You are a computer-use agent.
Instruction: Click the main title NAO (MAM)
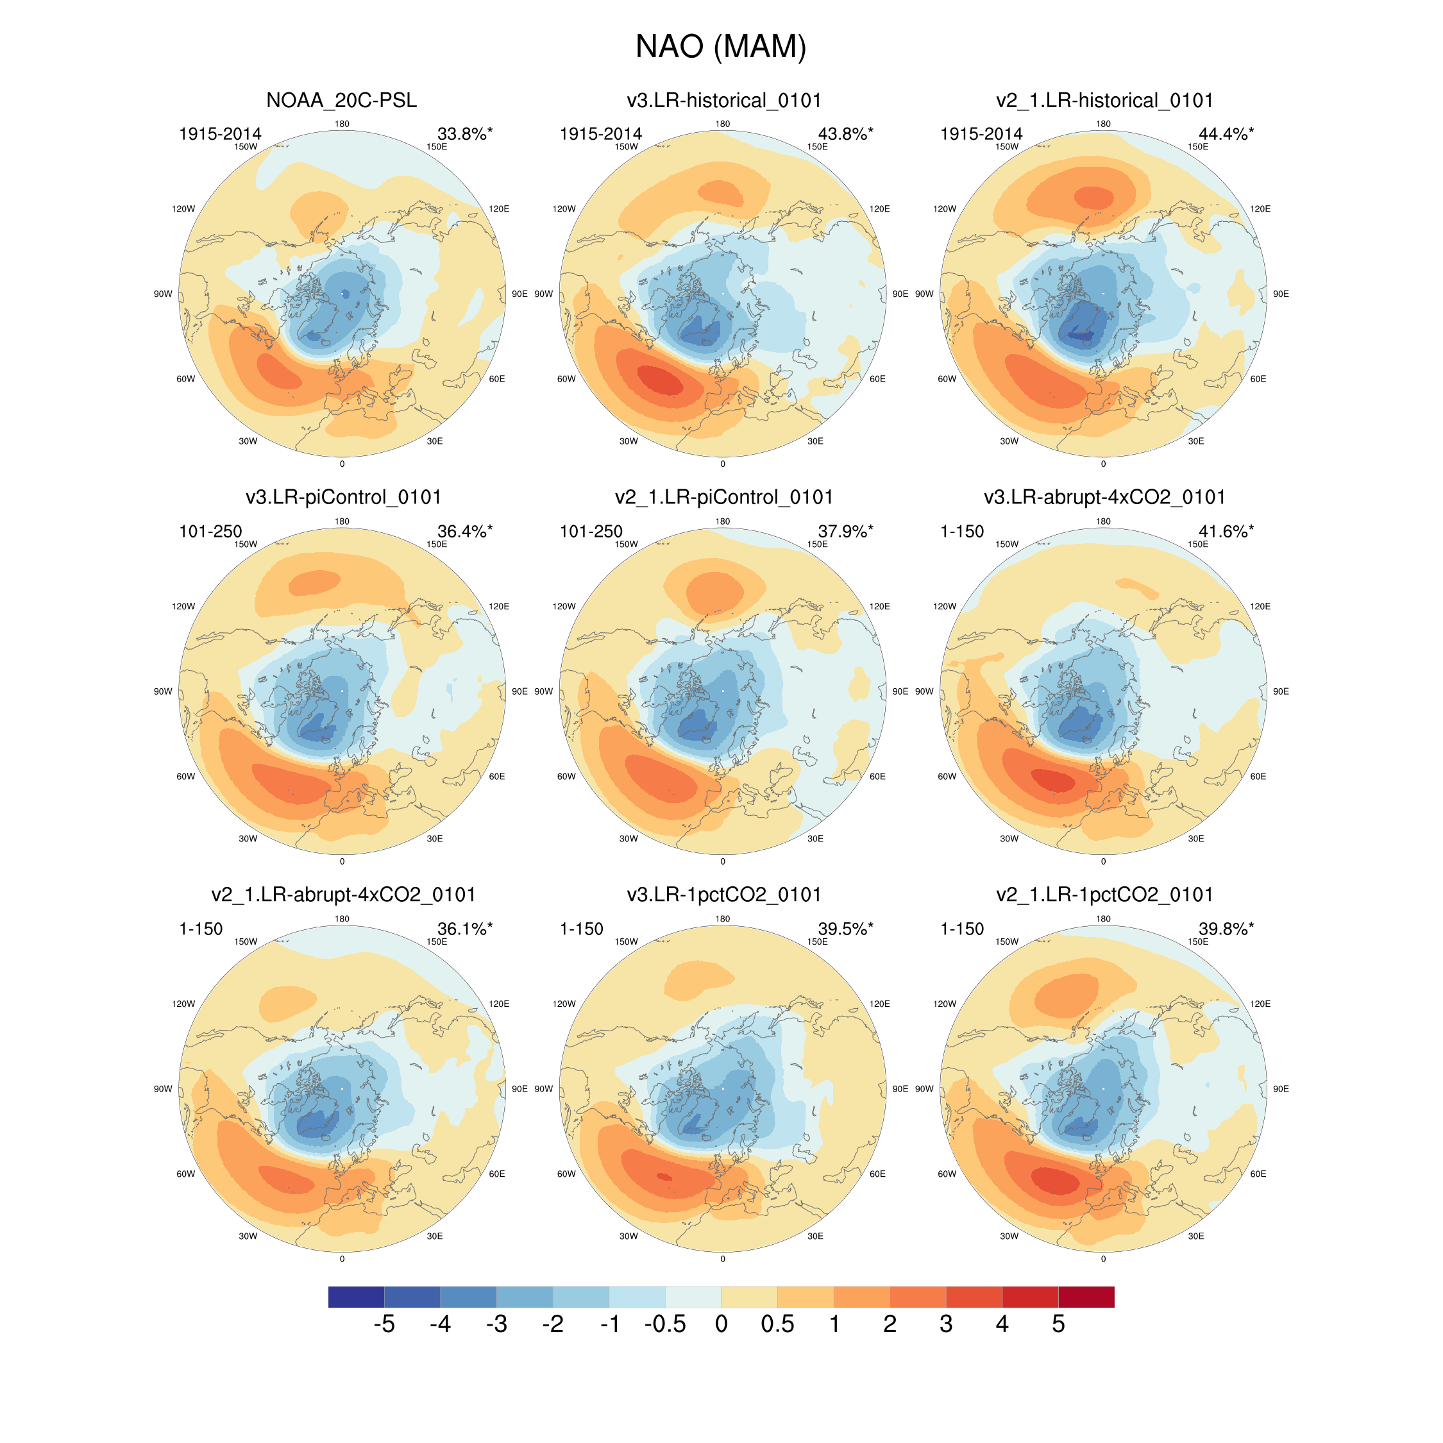pyautogui.click(x=721, y=46)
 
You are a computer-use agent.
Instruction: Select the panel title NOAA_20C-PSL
pyautogui.click(x=341, y=100)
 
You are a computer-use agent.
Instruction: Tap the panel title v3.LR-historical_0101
pyautogui.click(x=723, y=100)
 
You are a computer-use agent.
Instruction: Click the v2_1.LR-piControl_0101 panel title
pyautogui.click(x=723, y=498)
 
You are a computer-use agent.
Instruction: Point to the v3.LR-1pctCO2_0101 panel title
pyautogui.click(x=723, y=895)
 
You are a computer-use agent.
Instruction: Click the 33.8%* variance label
pyautogui.click(x=464, y=133)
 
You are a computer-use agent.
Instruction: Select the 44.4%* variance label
pyautogui.click(x=1226, y=133)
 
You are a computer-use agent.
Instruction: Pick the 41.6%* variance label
pyautogui.click(x=1226, y=531)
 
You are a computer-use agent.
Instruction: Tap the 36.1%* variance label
pyautogui.click(x=464, y=929)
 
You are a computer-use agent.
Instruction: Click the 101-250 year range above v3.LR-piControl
pyautogui.click(x=210, y=531)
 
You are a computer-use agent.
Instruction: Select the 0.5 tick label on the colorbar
pyautogui.click(x=777, y=1324)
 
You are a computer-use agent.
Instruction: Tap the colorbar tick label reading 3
pyautogui.click(x=945, y=1324)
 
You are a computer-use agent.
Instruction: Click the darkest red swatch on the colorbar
pyautogui.click(x=1086, y=1297)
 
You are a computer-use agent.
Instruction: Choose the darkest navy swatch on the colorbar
pyautogui.click(x=357, y=1297)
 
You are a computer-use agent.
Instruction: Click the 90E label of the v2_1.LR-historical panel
pyautogui.click(x=1280, y=294)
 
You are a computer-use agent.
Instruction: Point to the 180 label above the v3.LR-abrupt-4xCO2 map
pyautogui.click(x=1103, y=521)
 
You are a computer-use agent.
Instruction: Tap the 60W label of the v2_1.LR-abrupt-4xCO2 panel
pyautogui.click(x=185, y=1174)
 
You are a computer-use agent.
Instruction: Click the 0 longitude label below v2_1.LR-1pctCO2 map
pyautogui.click(x=1103, y=1260)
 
